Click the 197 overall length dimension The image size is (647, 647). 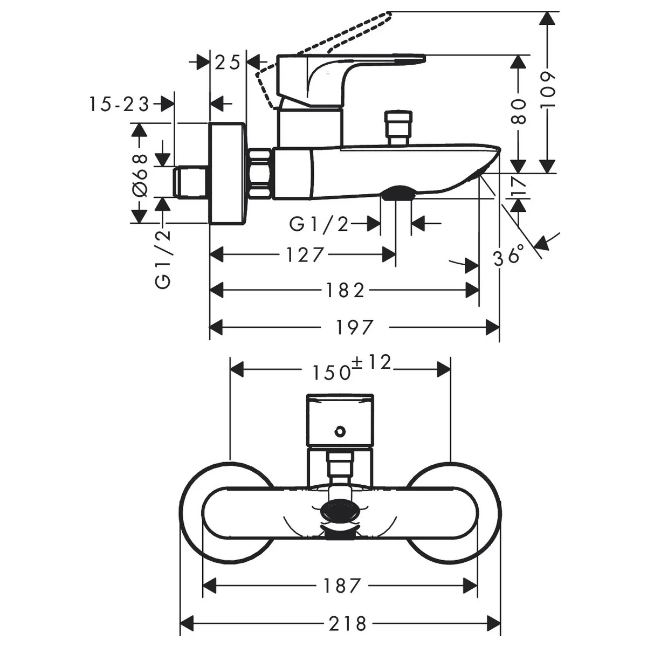355,327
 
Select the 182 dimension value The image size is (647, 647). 346,290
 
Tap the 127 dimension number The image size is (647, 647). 305,255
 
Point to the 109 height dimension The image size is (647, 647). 548,90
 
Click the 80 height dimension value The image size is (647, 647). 519,112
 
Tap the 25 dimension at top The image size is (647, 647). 228,62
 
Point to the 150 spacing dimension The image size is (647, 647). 332,373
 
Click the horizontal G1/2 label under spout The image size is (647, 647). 319,224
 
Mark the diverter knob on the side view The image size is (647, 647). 398,127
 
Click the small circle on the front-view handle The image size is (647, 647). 340,431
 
